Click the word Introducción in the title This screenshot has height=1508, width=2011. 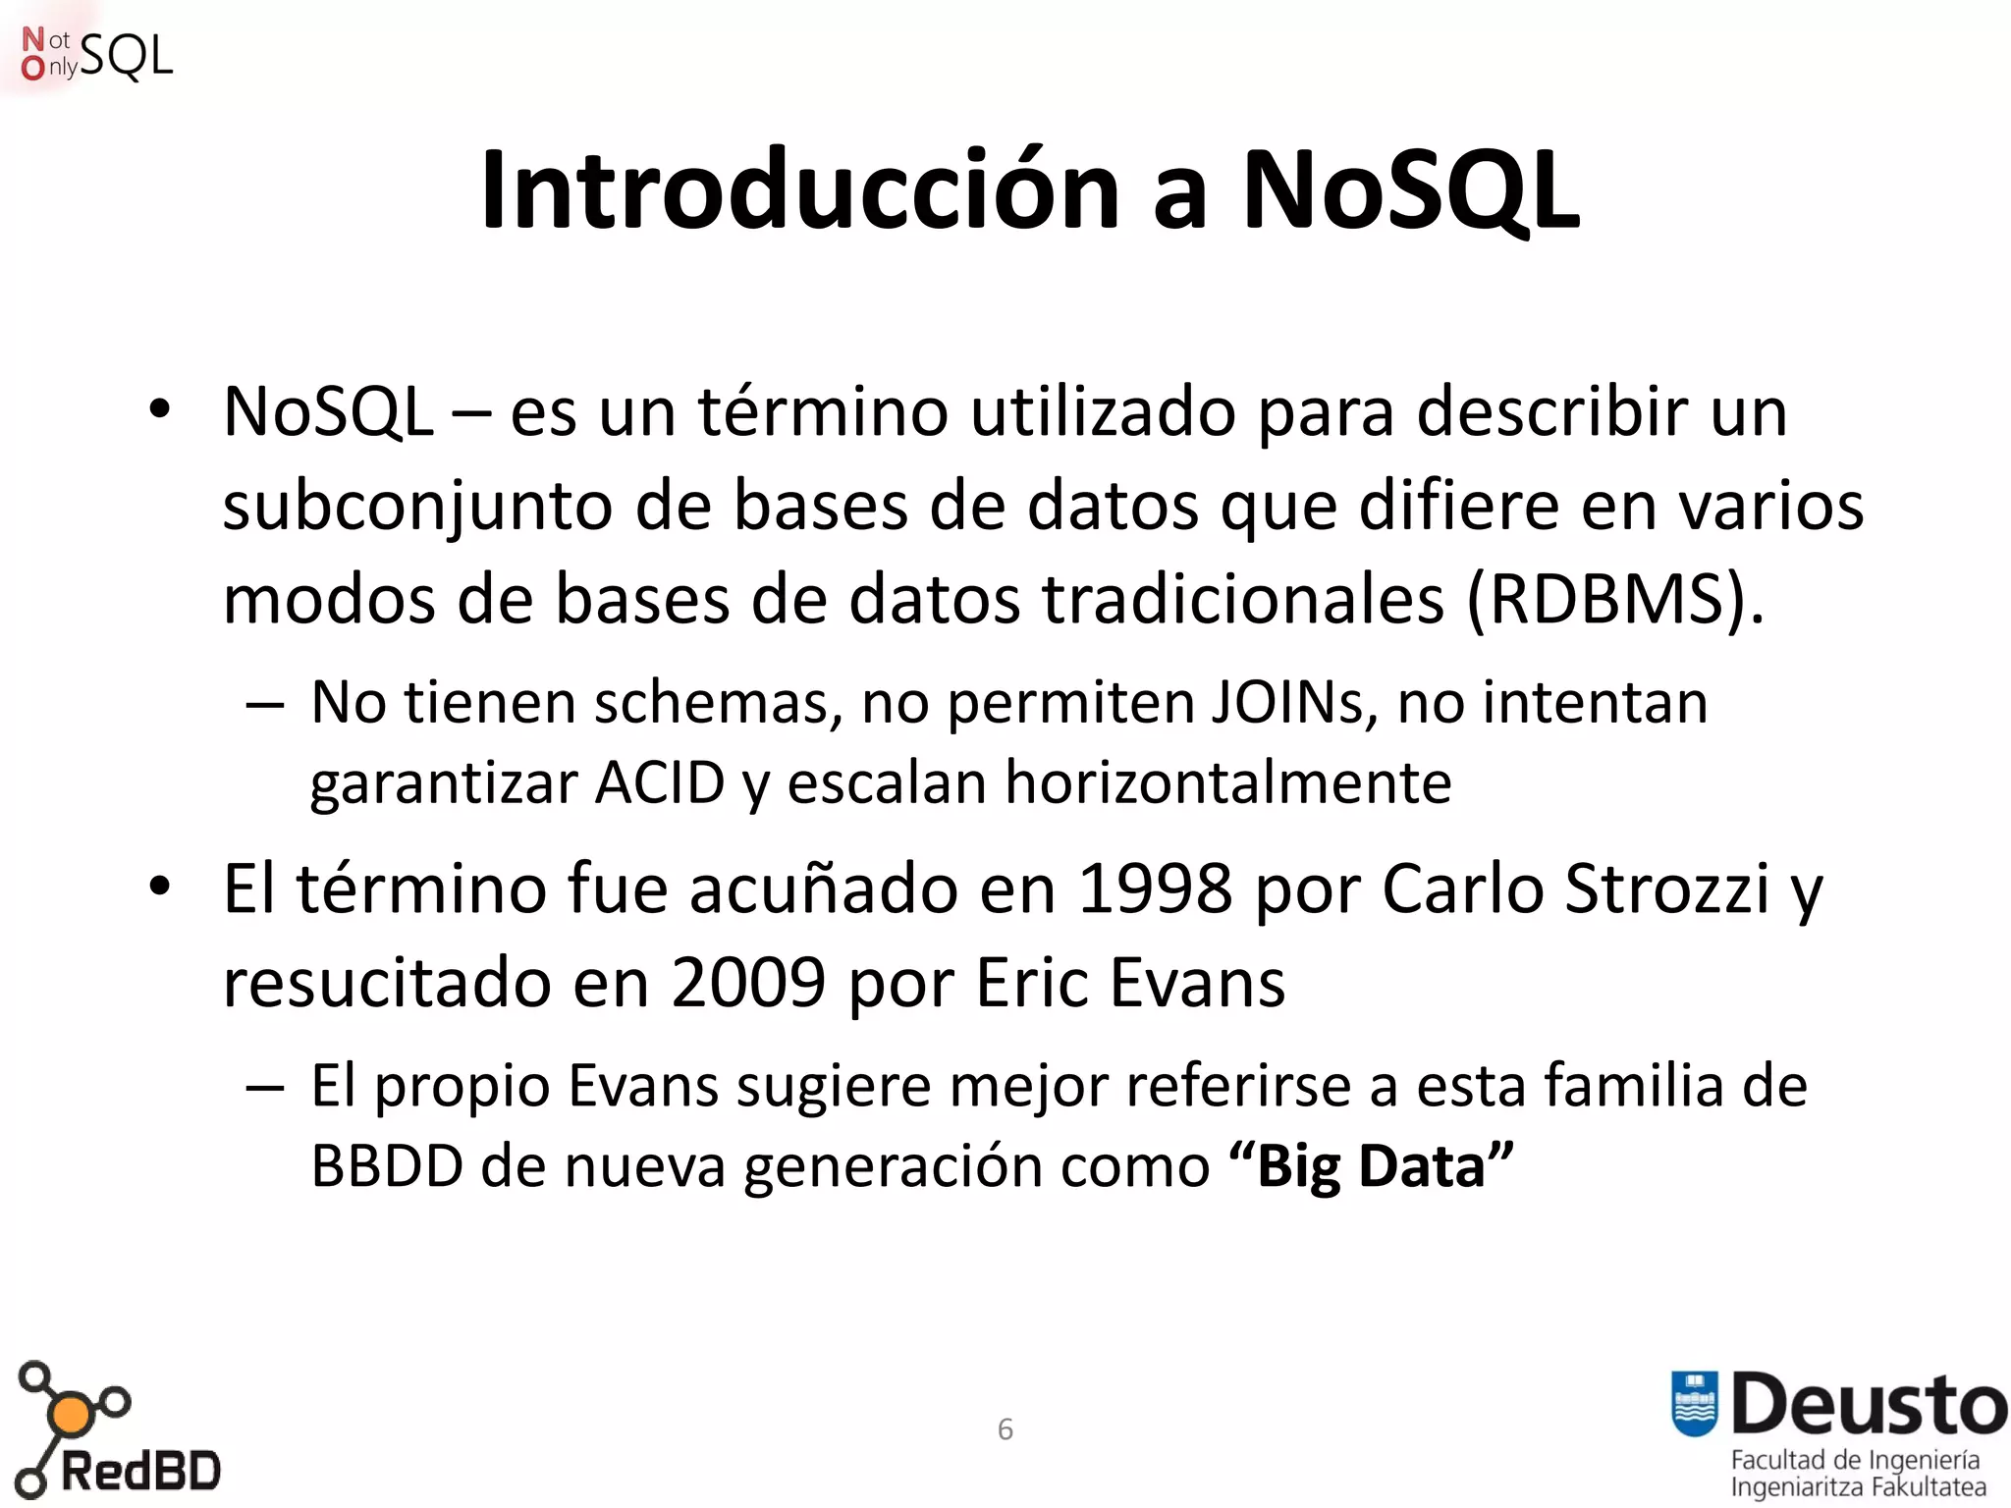799,190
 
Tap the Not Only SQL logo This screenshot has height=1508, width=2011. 96,55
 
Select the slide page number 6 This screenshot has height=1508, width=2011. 1005,1429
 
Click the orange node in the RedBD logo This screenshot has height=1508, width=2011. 70,1415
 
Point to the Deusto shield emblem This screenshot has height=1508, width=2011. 1694,1403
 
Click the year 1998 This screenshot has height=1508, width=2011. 1155,889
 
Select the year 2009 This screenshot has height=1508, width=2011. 748,983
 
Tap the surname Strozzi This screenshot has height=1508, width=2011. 1666,889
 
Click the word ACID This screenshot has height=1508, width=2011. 659,783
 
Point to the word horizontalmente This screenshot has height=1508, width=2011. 1227,783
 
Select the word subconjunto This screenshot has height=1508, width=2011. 417,507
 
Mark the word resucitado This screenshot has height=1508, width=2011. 387,983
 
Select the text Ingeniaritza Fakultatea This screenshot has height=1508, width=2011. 1858,1487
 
